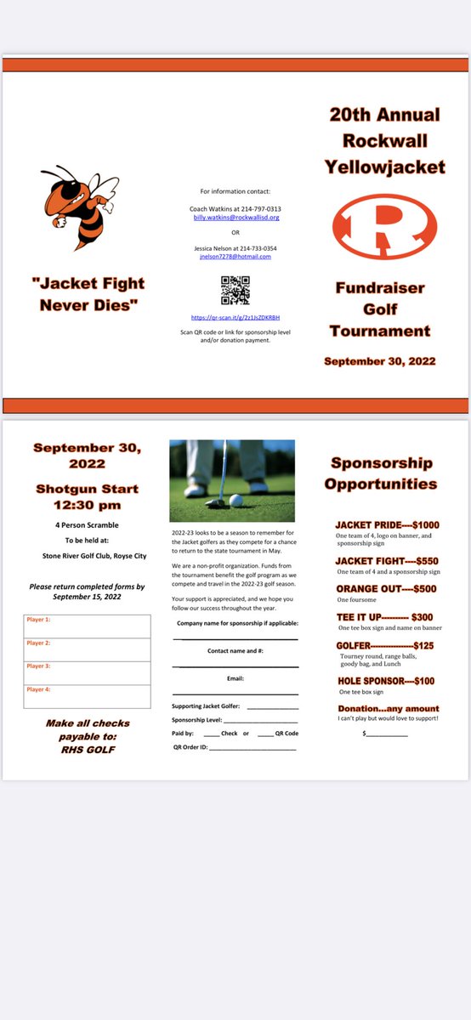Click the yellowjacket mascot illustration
79,207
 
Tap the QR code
235,291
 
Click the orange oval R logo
384,227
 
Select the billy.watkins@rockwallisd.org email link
235,218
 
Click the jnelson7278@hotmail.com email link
235,256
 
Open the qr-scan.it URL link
235,317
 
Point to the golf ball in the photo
235,501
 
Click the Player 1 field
88,626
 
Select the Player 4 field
88,696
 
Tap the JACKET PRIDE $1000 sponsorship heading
387,525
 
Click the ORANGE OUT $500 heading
387,589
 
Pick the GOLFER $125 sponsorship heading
387,646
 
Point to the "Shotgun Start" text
87,489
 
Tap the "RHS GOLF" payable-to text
88,749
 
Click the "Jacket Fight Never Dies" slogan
88,292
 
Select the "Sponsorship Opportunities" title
382,473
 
